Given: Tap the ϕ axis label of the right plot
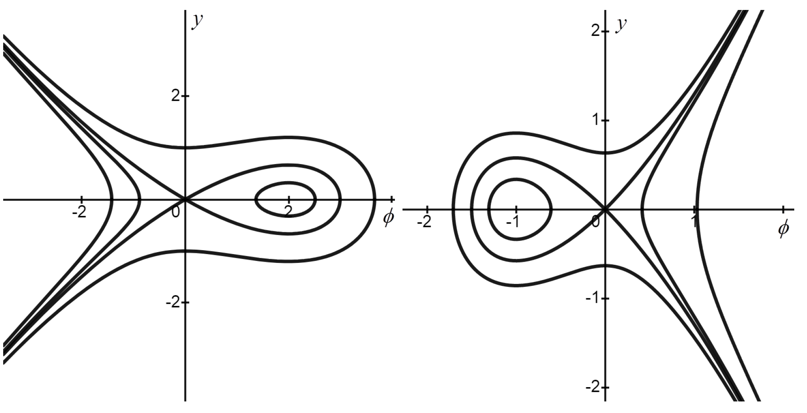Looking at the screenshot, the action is [x=783, y=230].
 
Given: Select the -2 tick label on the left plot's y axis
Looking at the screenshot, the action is [x=174, y=303].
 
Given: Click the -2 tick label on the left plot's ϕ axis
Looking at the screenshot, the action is [x=79, y=212].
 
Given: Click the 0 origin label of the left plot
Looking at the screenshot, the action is [x=176, y=213].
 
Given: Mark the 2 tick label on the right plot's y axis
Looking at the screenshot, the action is [x=596, y=31].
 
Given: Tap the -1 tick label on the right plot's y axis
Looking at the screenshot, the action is [x=593, y=298].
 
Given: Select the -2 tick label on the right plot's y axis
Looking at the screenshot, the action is [x=593, y=387].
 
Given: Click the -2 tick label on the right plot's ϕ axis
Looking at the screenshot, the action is [x=424, y=222].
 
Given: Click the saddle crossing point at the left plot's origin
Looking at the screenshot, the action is [x=185, y=198].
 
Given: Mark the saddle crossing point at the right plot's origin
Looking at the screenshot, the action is [x=605, y=209].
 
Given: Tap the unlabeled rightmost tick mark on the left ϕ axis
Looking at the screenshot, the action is [x=392, y=198].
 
